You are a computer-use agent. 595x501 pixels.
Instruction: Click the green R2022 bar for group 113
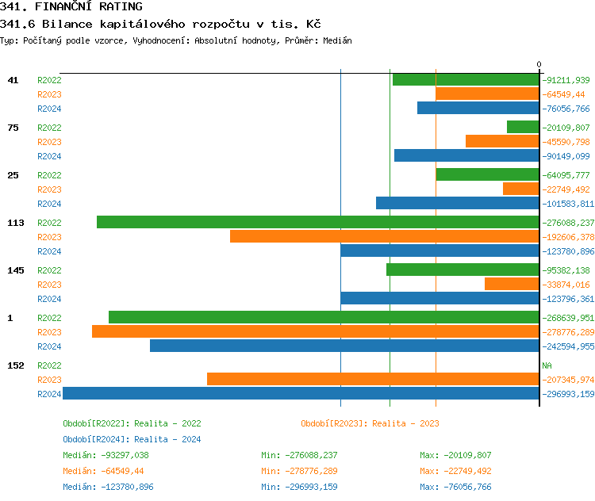pos(317,222)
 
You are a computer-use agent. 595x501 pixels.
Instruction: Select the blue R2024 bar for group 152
pos(301,393)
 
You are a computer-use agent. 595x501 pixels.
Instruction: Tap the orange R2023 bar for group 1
pos(315,331)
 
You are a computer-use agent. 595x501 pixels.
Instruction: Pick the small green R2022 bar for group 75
pos(523,127)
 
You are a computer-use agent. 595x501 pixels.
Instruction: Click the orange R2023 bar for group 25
pos(520,189)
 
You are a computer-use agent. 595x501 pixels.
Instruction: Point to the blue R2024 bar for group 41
pos(478,108)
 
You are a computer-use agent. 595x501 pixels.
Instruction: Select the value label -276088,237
pos(568,223)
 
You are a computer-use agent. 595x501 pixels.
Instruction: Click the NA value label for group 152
pos(547,365)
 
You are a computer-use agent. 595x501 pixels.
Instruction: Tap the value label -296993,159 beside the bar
pos(568,394)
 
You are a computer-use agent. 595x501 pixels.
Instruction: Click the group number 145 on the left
pos(16,270)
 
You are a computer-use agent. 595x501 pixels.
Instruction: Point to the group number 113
pos(16,223)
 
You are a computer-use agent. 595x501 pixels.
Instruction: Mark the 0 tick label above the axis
pos(539,64)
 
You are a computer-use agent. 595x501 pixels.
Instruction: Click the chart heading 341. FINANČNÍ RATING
pos(71,7)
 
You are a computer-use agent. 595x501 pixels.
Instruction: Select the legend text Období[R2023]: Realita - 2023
pos(370,423)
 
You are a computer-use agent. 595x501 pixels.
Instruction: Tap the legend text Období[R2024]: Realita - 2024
pos(132,439)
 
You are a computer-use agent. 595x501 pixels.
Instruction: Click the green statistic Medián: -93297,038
pos(106,455)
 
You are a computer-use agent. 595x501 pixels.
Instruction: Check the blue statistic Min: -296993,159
pos(299,487)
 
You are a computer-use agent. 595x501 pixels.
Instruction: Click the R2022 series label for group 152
pos(49,365)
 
